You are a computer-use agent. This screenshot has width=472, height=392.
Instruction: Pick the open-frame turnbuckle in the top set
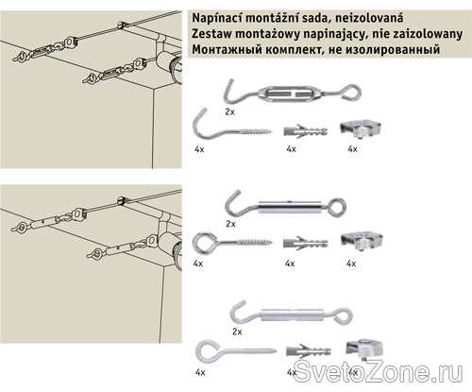coord(293,94)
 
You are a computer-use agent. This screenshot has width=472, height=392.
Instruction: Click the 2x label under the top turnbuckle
coord(229,111)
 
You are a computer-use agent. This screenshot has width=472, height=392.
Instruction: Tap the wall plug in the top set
coord(305,130)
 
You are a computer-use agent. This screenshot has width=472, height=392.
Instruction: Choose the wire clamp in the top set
coord(361,128)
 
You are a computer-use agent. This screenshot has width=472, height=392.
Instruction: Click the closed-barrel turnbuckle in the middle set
coord(286,206)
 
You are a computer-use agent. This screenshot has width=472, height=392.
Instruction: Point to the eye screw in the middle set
coord(232,242)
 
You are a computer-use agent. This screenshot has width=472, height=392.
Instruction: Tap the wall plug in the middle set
coord(305,243)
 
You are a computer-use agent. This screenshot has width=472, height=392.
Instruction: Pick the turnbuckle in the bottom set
coord(291,315)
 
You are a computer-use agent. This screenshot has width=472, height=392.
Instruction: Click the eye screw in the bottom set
coord(236,350)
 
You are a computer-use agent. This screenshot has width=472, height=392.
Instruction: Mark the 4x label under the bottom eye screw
coord(200,373)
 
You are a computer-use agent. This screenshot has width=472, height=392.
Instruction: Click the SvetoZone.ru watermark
coord(378,372)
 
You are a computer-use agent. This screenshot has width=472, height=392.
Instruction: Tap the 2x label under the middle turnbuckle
coord(230,224)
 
